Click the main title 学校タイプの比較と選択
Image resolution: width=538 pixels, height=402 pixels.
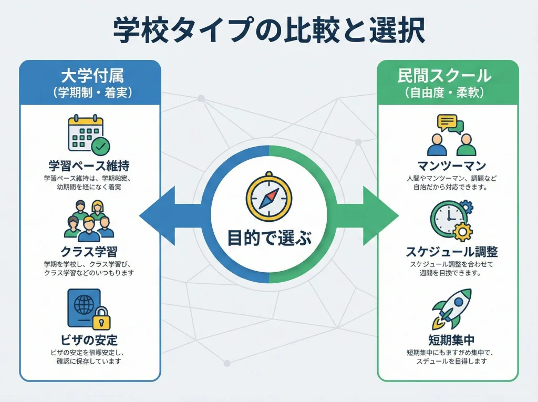pyautogui.click(x=268, y=30)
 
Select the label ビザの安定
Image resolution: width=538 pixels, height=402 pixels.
pyautogui.click(x=89, y=339)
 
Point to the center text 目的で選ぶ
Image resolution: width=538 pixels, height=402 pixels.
pyautogui.click(x=268, y=238)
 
